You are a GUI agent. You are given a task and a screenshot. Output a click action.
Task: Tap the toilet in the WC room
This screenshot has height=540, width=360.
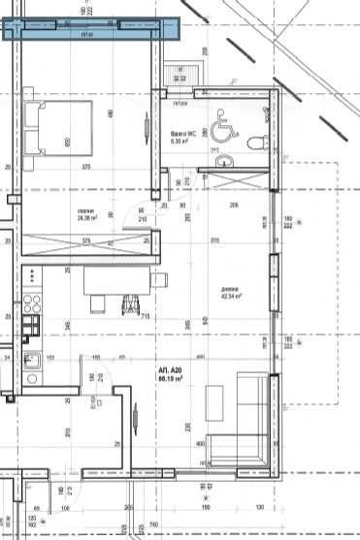254,143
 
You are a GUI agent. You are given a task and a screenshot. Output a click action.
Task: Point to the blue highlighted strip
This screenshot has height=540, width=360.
92,29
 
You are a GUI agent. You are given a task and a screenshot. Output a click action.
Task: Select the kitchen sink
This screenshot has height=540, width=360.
32,364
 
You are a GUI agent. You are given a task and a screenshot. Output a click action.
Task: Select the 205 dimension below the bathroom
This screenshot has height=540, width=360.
233,206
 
